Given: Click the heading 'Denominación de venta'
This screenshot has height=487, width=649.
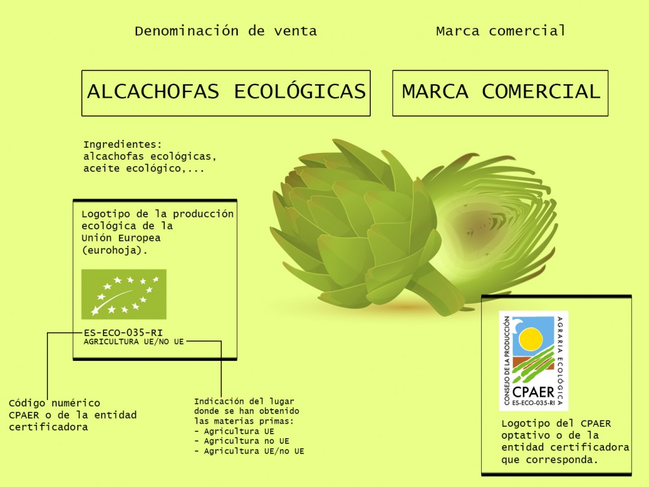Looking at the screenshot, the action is [226, 31].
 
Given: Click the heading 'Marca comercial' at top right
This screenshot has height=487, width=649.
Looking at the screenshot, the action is [501, 30].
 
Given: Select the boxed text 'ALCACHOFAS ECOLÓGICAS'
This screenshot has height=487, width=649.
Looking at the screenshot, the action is [226, 91].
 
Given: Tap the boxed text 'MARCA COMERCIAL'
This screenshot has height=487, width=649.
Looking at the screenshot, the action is [501, 91].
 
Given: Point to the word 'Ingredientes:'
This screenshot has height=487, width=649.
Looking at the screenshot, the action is [122, 145].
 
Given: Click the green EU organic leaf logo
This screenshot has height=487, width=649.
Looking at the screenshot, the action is [124, 294].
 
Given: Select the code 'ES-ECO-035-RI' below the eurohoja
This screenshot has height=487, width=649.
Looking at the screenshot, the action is [123, 332].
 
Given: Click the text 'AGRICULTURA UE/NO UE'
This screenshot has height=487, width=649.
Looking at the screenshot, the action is [134, 342].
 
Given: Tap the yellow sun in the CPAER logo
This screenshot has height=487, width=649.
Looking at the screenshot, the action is [530, 339].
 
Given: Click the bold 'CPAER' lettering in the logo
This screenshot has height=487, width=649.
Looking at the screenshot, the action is [533, 391].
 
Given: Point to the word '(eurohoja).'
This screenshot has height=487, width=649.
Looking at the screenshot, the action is [114, 250].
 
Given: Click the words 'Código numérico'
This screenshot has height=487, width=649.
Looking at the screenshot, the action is [55, 403].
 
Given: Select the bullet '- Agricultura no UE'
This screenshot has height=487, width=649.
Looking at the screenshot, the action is [241, 441].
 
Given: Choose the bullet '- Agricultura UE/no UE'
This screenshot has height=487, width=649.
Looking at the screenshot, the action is [249, 451].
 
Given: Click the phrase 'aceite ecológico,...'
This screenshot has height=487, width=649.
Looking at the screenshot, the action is [144, 169].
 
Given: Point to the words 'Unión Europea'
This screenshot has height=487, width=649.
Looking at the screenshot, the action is [121, 238].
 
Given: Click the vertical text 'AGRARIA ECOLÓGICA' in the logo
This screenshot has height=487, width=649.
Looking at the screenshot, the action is [560, 361].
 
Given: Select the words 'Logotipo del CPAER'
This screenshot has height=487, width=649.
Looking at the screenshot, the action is [556, 424].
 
